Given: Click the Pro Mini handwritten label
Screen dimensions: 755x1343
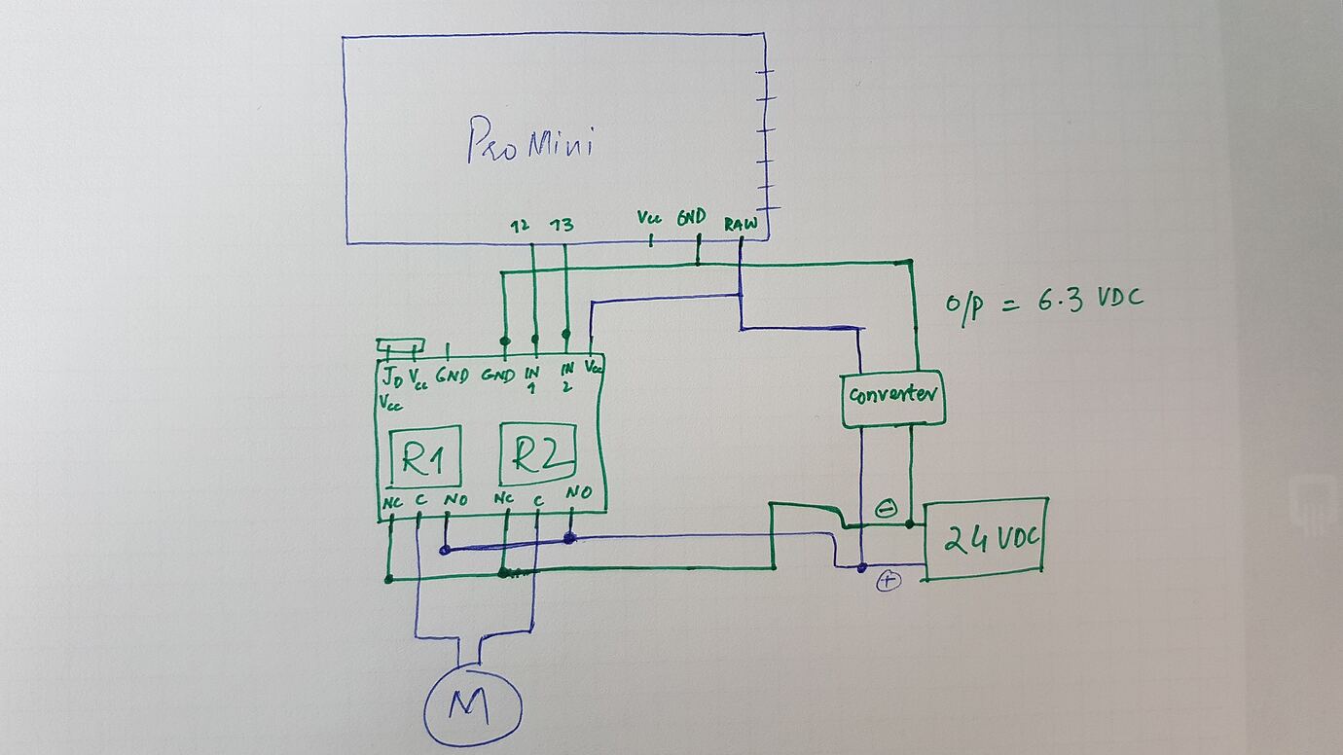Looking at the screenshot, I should (530, 142).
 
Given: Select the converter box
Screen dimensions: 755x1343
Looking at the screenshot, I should (892, 397).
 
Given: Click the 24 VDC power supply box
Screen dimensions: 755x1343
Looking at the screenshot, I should (985, 539).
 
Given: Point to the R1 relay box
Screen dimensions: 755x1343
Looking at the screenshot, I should (424, 455).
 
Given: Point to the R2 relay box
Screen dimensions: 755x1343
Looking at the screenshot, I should (537, 454).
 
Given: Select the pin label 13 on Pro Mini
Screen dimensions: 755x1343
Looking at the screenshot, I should (562, 226).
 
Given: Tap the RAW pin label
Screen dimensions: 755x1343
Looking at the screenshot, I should (741, 223).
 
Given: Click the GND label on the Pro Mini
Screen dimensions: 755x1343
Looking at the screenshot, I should (691, 218).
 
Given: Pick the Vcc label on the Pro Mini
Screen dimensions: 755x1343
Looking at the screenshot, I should (649, 218).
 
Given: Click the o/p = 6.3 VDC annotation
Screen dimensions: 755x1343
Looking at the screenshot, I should (1043, 301).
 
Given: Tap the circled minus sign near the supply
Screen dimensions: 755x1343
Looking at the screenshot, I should (886, 508).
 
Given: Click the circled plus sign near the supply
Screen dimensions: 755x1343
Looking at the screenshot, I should (889, 581).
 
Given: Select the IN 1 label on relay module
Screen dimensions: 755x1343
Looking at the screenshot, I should (531, 378).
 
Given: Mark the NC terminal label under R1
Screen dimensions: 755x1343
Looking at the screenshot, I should (392, 501).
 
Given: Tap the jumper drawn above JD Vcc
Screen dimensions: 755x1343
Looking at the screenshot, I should (401, 346).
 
